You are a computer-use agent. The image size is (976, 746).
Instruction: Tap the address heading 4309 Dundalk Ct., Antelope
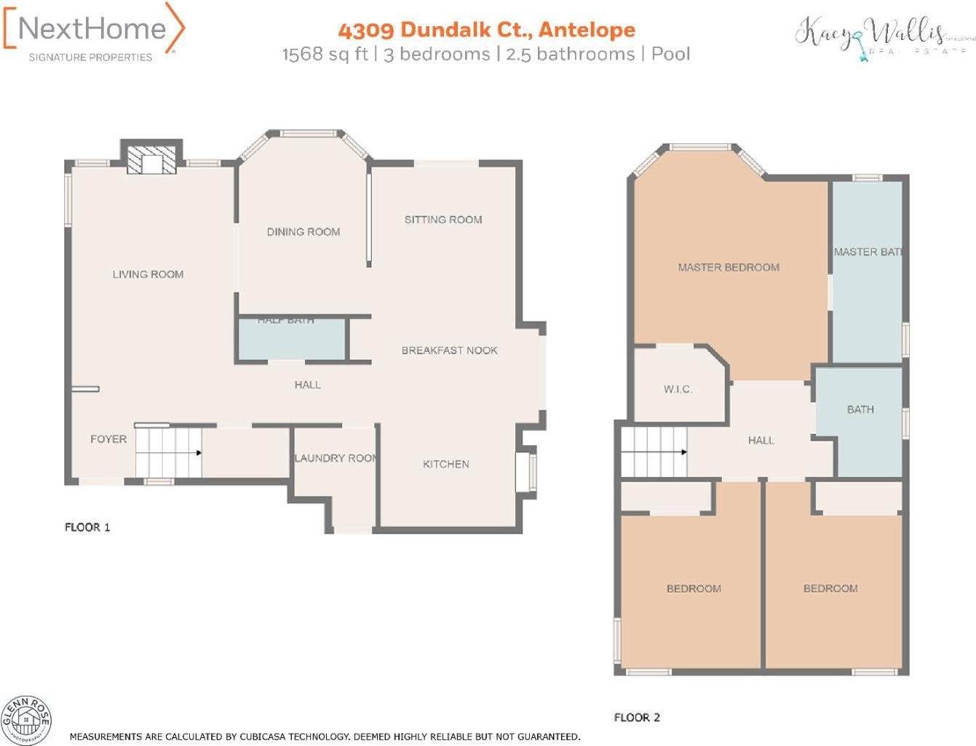[486, 30]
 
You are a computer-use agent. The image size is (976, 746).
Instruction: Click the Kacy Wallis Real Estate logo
[881, 36]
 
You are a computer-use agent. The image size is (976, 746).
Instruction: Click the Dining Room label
[303, 232]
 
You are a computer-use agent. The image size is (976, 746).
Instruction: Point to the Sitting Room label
[443, 220]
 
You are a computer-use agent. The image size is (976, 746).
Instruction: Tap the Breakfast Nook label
[450, 350]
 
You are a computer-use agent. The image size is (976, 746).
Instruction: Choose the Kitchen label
[446, 464]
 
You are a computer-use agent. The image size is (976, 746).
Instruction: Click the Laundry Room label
[336, 458]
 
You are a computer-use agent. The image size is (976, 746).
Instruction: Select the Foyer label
[108, 439]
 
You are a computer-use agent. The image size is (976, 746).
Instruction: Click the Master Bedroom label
[729, 268]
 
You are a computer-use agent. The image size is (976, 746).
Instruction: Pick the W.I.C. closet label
[678, 390]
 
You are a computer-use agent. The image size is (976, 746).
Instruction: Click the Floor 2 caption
[637, 718]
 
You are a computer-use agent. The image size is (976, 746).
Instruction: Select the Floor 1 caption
[87, 527]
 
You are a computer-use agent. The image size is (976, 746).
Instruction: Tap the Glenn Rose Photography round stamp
[25, 720]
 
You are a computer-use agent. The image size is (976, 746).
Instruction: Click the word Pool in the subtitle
[670, 54]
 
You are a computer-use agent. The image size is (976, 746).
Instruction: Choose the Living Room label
[148, 274]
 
